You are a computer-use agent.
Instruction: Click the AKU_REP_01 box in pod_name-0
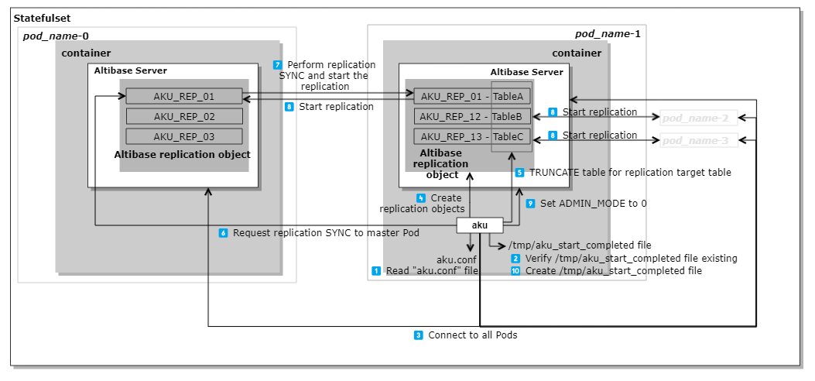coord(184,97)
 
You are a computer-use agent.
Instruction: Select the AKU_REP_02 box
coord(184,117)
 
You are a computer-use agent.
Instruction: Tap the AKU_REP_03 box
coord(184,136)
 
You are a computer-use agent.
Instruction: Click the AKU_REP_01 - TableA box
coord(472,97)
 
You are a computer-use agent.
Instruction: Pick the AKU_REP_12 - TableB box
coord(472,117)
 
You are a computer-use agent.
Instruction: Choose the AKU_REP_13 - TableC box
coord(472,136)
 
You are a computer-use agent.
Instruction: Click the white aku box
coord(480,225)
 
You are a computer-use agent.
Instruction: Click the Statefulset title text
coord(36,18)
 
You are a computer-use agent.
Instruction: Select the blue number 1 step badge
coord(376,271)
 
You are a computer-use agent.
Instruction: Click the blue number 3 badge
coord(419,335)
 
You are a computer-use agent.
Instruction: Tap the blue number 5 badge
coord(519,173)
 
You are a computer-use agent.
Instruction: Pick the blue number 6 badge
coord(223,232)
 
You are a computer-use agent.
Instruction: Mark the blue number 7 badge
coord(278,64)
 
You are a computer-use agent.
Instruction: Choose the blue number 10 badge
coord(515,271)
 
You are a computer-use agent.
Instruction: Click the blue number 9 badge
coord(530,203)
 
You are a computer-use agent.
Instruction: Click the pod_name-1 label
coord(608,34)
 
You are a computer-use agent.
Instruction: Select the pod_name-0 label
coord(56,36)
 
